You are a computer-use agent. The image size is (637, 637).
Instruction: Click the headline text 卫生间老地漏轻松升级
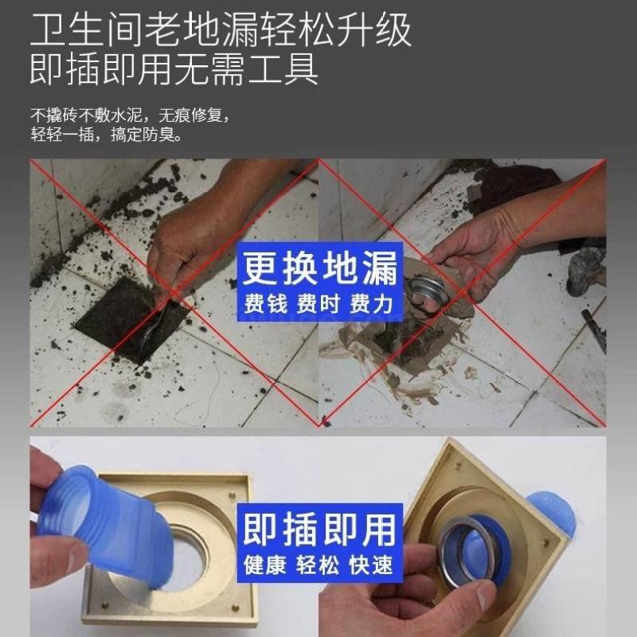(221, 29)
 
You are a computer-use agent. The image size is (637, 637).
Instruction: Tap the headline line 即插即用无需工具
(174, 68)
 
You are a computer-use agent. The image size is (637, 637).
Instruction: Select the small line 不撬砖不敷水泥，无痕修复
(131, 115)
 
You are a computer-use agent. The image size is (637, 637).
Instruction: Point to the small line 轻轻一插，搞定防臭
(107, 135)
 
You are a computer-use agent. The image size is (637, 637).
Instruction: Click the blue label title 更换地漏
(320, 268)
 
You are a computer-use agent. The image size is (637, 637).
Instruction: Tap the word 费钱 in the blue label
(266, 304)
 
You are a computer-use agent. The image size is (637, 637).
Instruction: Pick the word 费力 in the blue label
(371, 304)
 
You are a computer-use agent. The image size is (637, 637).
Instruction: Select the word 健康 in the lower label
(265, 565)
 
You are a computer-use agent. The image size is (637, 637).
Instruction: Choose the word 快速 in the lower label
(371, 565)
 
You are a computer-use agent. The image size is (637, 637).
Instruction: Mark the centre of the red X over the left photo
(174, 292)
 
